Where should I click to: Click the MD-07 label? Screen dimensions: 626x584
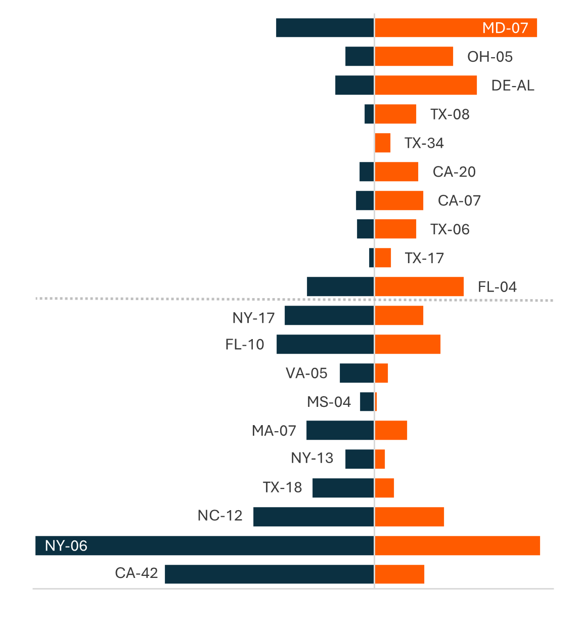tap(505, 28)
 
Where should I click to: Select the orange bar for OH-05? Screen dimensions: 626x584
tap(414, 56)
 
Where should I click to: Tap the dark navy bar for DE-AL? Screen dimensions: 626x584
tap(354, 85)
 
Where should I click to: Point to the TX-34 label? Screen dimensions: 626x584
tap(424, 143)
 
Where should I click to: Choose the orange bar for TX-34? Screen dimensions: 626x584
tap(383, 143)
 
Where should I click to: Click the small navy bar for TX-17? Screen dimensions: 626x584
tap(372, 258)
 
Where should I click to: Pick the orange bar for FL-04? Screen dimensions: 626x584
tap(419, 286)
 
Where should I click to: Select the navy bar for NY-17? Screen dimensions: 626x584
tap(329, 316)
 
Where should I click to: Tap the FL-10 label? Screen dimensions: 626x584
tap(245, 345)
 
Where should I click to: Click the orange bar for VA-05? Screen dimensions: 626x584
tap(382, 373)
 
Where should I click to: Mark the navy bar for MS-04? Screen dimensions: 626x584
tap(367, 402)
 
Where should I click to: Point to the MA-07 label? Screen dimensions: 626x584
tap(274, 431)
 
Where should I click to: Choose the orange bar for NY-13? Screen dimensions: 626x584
tap(380, 459)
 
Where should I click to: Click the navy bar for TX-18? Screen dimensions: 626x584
tap(343, 488)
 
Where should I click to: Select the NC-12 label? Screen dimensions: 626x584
tap(220, 516)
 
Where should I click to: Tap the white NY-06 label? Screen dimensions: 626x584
tap(66, 546)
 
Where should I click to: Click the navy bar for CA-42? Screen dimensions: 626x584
tap(269, 574)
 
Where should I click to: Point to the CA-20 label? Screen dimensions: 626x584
tap(454, 172)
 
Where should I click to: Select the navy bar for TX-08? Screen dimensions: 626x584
tap(369, 114)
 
